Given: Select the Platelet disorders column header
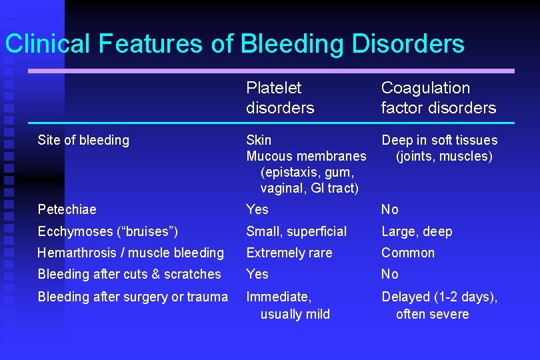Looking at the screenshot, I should coord(280,97).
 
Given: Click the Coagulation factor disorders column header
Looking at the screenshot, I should coord(438,97).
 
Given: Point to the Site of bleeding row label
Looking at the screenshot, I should coord(83,140).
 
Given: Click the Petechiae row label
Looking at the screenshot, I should coord(67,209).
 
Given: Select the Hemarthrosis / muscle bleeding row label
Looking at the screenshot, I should coord(131,253).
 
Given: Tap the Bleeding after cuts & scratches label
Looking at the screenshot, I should coord(129,274).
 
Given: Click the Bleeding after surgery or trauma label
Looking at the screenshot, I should coord(133,297).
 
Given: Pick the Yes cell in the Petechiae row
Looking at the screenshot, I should coord(257,209).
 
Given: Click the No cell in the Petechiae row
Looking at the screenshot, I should coord(389,209).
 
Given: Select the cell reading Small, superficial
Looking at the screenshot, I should coord(296,231).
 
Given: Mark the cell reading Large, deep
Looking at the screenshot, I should coord(417,231).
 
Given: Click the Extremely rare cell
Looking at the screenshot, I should coord(289,253).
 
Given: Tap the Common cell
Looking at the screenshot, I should coord(407,253).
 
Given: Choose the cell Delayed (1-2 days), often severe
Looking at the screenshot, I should coord(439,305).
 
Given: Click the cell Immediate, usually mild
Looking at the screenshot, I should coord(288,305).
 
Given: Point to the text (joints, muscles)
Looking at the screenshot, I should coord(444,157).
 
